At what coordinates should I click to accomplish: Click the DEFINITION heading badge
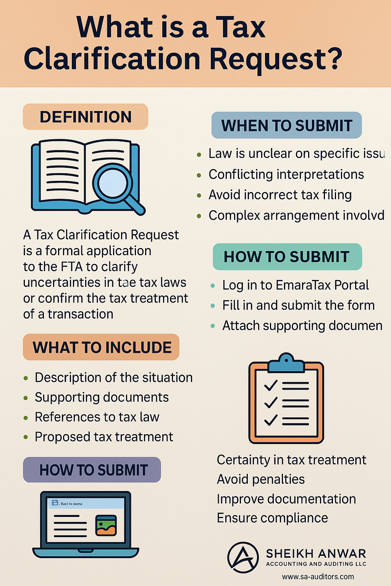pyautogui.click(x=86, y=117)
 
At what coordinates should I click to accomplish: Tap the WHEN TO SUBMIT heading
pyautogui.click(x=287, y=125)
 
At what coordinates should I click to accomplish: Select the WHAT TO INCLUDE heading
pyautogui.click(x=102, y=347)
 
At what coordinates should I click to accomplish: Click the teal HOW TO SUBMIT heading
pyautogui.click(x=287, y=256)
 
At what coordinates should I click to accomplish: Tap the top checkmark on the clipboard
pyautogui.click(x=271, y=385)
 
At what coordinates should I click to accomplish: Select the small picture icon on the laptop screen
pyautogui.click(x=106, y=525)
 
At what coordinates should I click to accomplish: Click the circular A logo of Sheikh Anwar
pyautogui.click(x=243, y=557)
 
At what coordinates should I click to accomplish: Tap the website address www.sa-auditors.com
pyautogui.click(x=318, y=576)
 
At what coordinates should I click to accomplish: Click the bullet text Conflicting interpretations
pyautogui.click(x=286, y=174)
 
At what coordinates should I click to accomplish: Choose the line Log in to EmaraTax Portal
pyautogui.click(x=296, y=285)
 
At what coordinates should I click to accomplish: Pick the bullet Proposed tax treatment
pyautogui.click(x=104, y=437)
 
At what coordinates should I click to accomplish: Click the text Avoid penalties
pyautogui.click(x=261, y=479)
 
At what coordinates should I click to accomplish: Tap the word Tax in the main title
pyautogui.click(x=241, y=27)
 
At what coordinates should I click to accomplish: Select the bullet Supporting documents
pyautogui.click(x=102, y=397)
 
